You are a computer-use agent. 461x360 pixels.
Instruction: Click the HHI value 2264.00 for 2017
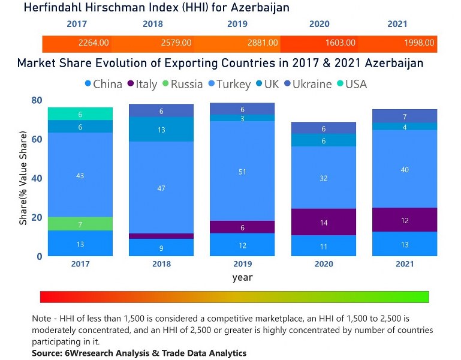(x=94, y=43)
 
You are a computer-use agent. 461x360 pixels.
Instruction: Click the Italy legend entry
(x=141, y=84)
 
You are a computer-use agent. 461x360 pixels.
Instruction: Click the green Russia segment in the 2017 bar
(x=80, y=224)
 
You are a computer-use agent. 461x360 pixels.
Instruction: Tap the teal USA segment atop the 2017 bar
(x=80, y=114)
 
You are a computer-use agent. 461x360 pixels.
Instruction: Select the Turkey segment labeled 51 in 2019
(x=242, y=172)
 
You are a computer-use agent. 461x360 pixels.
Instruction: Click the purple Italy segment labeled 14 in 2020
(x=323, y=222)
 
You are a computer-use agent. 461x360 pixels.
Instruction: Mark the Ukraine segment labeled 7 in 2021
(x=405, y=116)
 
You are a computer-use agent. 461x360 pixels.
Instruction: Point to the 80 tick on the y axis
(x=37, y=101)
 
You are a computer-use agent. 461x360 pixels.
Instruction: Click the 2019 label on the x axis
(x=242, y=264)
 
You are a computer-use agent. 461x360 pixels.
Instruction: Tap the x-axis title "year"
(x=242, y=277)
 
